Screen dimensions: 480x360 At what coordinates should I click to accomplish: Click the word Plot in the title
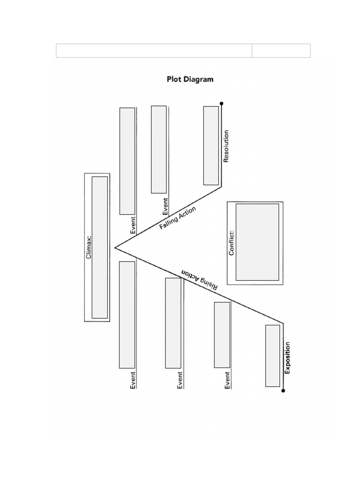[175, 79]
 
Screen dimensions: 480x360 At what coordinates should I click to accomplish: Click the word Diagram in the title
[198, 79]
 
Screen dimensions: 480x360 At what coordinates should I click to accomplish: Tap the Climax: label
[89, 247]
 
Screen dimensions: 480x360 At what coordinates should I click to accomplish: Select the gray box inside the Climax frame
[99, 247]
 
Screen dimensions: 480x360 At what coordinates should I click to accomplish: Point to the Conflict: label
[231, 242]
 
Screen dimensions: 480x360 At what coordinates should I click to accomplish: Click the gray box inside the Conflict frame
[257, 242]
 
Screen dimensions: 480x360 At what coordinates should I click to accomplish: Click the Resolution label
[226, 146]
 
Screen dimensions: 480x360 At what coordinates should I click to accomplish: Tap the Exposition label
[287, 358]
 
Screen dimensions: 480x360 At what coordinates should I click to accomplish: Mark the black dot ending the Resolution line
[222, 104]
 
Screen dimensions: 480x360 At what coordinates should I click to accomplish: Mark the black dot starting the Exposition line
[283, 390]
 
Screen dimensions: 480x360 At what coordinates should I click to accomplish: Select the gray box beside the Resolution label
[211, 145]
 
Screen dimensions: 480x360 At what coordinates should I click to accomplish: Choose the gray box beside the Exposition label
[272, 356]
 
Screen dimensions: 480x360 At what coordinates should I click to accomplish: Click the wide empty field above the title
[154, 51]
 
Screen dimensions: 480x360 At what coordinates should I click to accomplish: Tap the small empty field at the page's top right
[281, 51]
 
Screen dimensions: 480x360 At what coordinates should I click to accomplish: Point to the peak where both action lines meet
[115, 247]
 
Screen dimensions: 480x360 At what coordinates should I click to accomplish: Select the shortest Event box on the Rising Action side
[222, 334]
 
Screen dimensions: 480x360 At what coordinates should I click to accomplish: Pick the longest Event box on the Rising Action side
[127, 315]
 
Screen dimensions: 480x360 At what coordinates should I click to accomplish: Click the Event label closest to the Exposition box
[227, 380]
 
